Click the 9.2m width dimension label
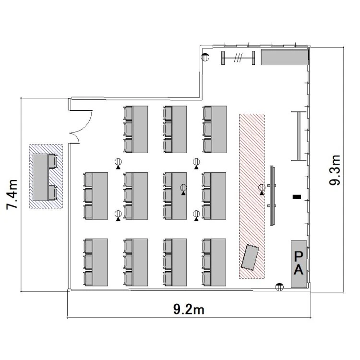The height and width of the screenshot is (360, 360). [189, 310]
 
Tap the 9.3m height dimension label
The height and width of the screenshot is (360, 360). [334, 170]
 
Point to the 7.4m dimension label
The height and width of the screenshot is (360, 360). [12, 194]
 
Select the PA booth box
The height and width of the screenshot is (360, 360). [299, 264]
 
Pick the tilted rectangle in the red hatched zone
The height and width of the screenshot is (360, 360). [250, 257]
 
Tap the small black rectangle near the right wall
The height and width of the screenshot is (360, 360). [297, 197]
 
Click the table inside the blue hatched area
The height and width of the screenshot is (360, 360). [40, 177]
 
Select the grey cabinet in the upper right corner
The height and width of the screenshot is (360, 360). [285, 58]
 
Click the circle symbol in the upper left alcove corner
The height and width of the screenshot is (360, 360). [205, 57]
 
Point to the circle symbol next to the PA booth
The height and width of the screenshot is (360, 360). [279, 287]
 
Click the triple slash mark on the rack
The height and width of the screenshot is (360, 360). [238, 58]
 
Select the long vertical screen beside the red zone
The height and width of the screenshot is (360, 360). [272, 196]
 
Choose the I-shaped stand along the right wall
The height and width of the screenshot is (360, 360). [299, 136]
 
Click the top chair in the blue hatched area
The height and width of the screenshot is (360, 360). [53, 161]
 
